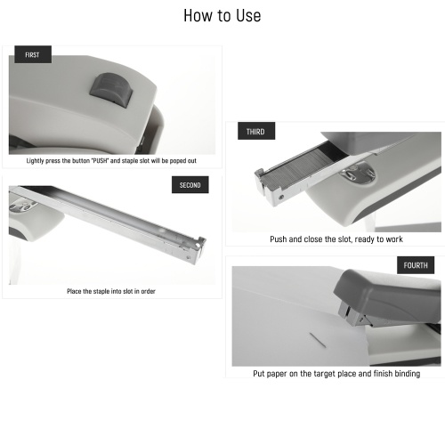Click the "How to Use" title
[222, 15]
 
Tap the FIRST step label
[33, 54]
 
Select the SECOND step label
[190, 185]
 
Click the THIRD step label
[256, 131]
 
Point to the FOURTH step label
[416, 265]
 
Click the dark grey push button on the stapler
[111, 90]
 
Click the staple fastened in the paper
[318, 340]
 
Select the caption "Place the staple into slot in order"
[111, 291]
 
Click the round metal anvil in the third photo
[358, 174]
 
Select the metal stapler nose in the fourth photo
[353, 314]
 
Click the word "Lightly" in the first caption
[36, 161]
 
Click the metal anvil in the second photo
[23, 205]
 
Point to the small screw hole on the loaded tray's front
[281, 197]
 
